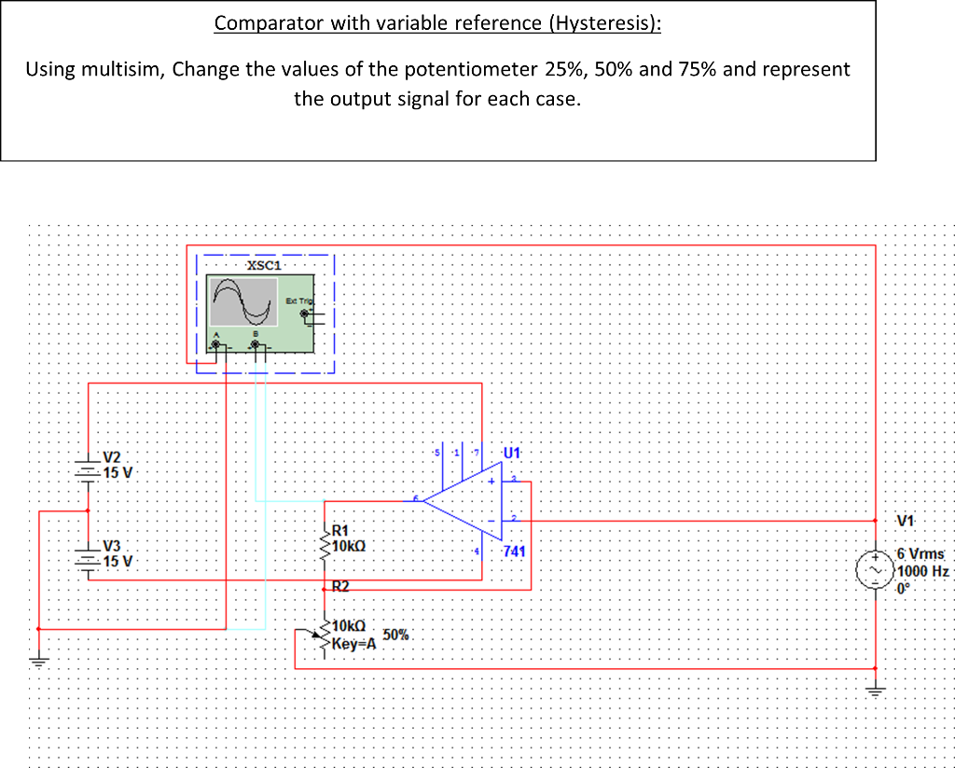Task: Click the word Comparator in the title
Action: [x=268, y=23]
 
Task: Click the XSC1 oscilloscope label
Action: [x=264, y=266]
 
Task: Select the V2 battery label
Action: [x=112, y=456]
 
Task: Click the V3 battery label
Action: [x=112, y=546]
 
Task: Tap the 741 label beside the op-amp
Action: [x=514, y=552]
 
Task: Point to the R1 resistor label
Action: [x=340, y=529]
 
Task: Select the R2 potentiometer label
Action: [x=340, y=587]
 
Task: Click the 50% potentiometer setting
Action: [x=395, y=635]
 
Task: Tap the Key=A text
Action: [x=353, y=642]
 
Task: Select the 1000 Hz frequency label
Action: [x=922, y=571]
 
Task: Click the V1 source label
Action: [x=906, y=521]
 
